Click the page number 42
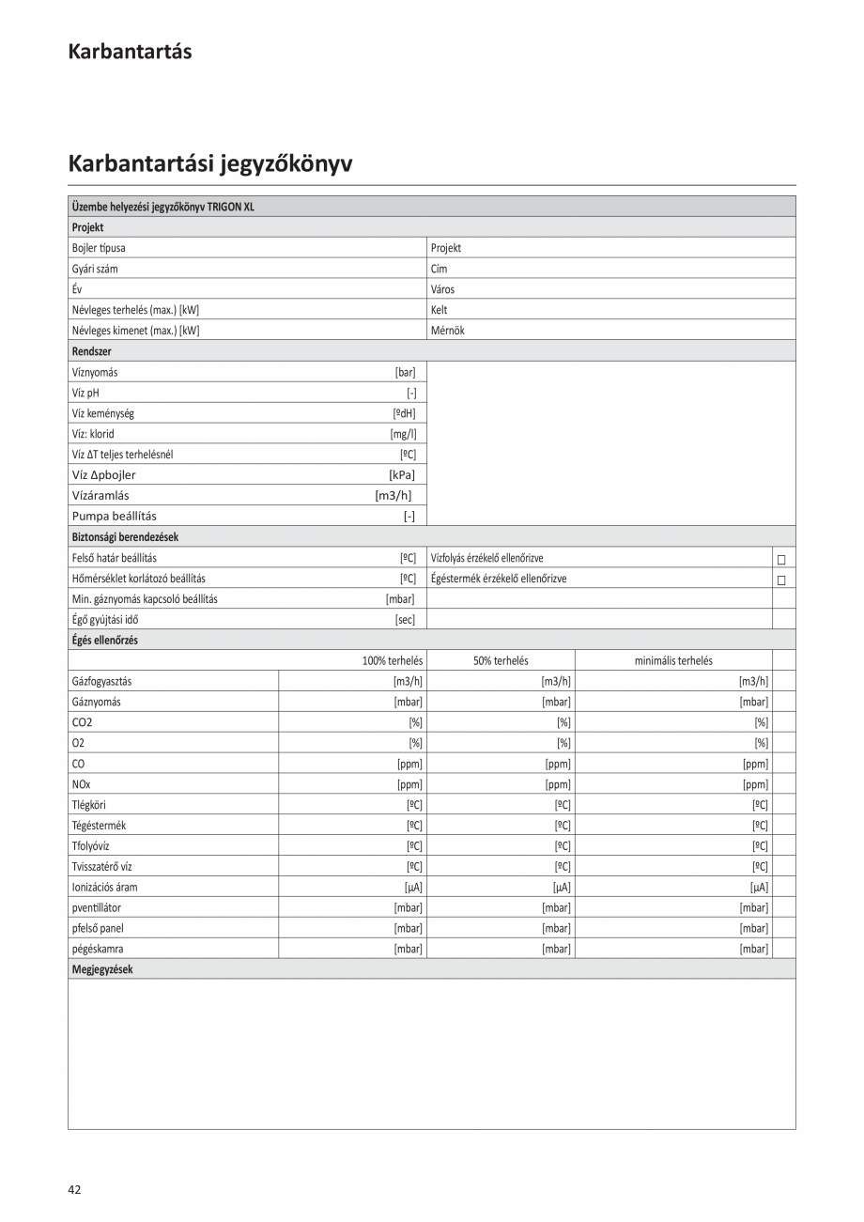[74, 1189]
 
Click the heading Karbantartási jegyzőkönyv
[209, 163]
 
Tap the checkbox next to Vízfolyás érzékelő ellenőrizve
[780, 559]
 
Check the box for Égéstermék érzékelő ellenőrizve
[780, 580]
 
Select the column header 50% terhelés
[501, 660]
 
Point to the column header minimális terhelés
[672, 660]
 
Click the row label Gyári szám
[95, 269]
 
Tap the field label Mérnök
[447, 331]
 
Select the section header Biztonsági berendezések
[125, 537]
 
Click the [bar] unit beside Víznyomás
[405, 372]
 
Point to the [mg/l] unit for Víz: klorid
[403, 434]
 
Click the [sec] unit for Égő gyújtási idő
[405, 620]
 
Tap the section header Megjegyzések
[102, 969]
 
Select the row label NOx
[81, 784]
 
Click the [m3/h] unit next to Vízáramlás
[393, 495]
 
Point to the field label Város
[442, 289]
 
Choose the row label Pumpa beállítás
[115, 516]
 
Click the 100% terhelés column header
[392, 660]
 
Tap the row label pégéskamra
[98, 949]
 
